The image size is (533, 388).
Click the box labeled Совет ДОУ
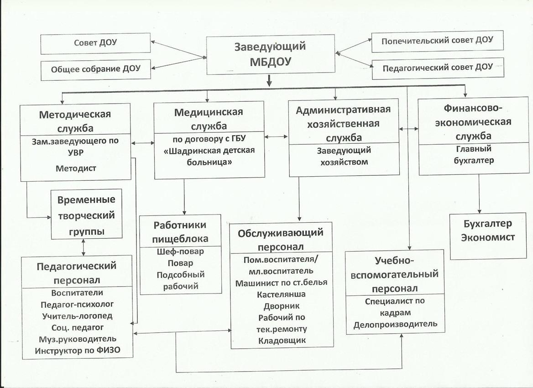[x=95, y=43]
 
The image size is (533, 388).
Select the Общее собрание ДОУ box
[x=95, y=70]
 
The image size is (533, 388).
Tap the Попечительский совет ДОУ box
[x=438, y=42]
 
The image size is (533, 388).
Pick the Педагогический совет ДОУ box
[x=438, y=68]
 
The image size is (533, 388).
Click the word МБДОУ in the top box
[x=271, y=62]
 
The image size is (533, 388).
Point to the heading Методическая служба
[x=75, y=121]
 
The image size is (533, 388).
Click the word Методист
[x=76, y=168]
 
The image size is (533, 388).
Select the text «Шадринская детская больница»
[x=209, y=156]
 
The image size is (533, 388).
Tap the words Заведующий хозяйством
[x=344, y=156]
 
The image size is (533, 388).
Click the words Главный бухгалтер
[x=474, y=154]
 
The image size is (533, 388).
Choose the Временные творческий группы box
[x=86, y=214]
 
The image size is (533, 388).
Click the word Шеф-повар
[x=181, y=252]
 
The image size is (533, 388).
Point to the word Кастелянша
[x=282, y=294]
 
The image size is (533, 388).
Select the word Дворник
[x=282, y=306]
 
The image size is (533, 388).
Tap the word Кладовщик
[x=282, y=341]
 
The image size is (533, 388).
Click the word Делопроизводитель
[x=395, y=324]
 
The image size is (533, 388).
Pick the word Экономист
[x=488, y=237]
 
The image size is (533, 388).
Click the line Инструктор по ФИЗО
[x=78, y=351]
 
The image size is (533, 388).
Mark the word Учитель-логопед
[x=77, y=316]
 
